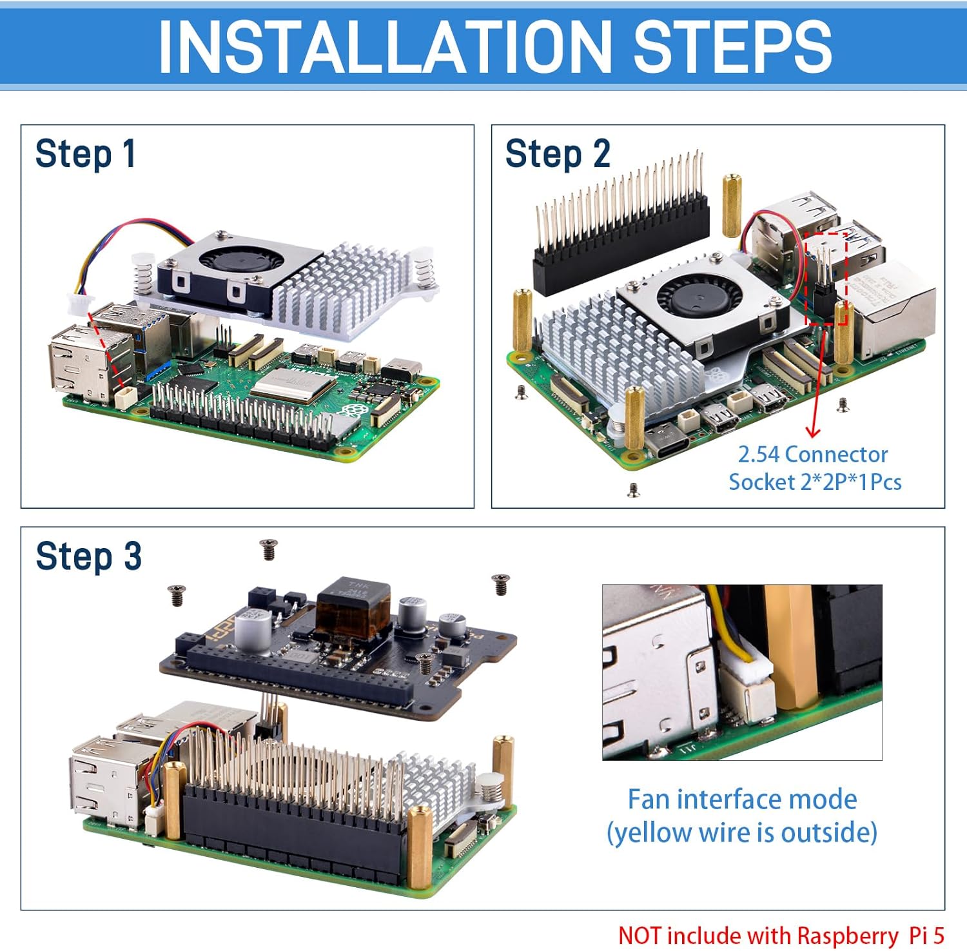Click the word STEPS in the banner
tap(732, 46)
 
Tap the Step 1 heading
tap(85, 155)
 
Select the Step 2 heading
tap(557, 155)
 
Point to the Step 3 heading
tap(88, 556)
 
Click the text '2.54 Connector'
tap(812, 455)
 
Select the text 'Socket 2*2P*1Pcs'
tap(815, 482)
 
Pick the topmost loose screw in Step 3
tap(268, 549)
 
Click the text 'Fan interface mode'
tap(742, 799)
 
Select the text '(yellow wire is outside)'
tap(742, 832)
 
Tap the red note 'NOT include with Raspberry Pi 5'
tap(781, 935)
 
